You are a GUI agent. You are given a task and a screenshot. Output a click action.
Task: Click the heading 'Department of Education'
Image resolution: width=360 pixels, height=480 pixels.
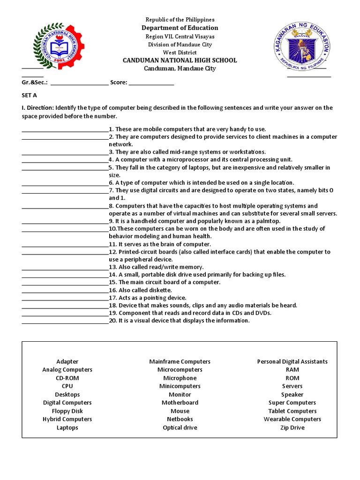pos(180,28)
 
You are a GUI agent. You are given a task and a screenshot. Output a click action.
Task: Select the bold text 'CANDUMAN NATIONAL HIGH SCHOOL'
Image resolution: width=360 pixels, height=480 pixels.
pos(180,60)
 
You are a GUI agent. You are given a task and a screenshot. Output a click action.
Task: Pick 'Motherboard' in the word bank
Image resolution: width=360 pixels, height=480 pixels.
pos(180,403)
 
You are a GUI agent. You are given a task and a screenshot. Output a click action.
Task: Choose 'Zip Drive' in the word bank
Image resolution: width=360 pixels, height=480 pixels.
pos(292,427)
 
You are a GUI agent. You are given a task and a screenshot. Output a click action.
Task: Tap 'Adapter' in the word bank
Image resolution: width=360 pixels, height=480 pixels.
pos(67,361)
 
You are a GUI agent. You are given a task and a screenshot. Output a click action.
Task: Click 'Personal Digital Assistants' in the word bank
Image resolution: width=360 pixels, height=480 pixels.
pos(292,361)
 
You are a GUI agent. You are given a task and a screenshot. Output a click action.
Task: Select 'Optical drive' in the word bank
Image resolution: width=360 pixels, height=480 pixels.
pos(180,427)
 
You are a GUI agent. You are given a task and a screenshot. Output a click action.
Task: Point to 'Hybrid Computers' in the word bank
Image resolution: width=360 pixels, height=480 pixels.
pos(67,419)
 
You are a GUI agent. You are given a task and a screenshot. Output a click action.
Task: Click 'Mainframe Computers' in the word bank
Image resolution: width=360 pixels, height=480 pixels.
pos(180,361)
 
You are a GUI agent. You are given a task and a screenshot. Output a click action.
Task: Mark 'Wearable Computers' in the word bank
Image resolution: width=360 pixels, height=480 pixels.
pos(292,419)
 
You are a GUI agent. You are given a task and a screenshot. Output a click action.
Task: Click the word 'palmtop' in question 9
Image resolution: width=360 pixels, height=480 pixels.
pos(269,221)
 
